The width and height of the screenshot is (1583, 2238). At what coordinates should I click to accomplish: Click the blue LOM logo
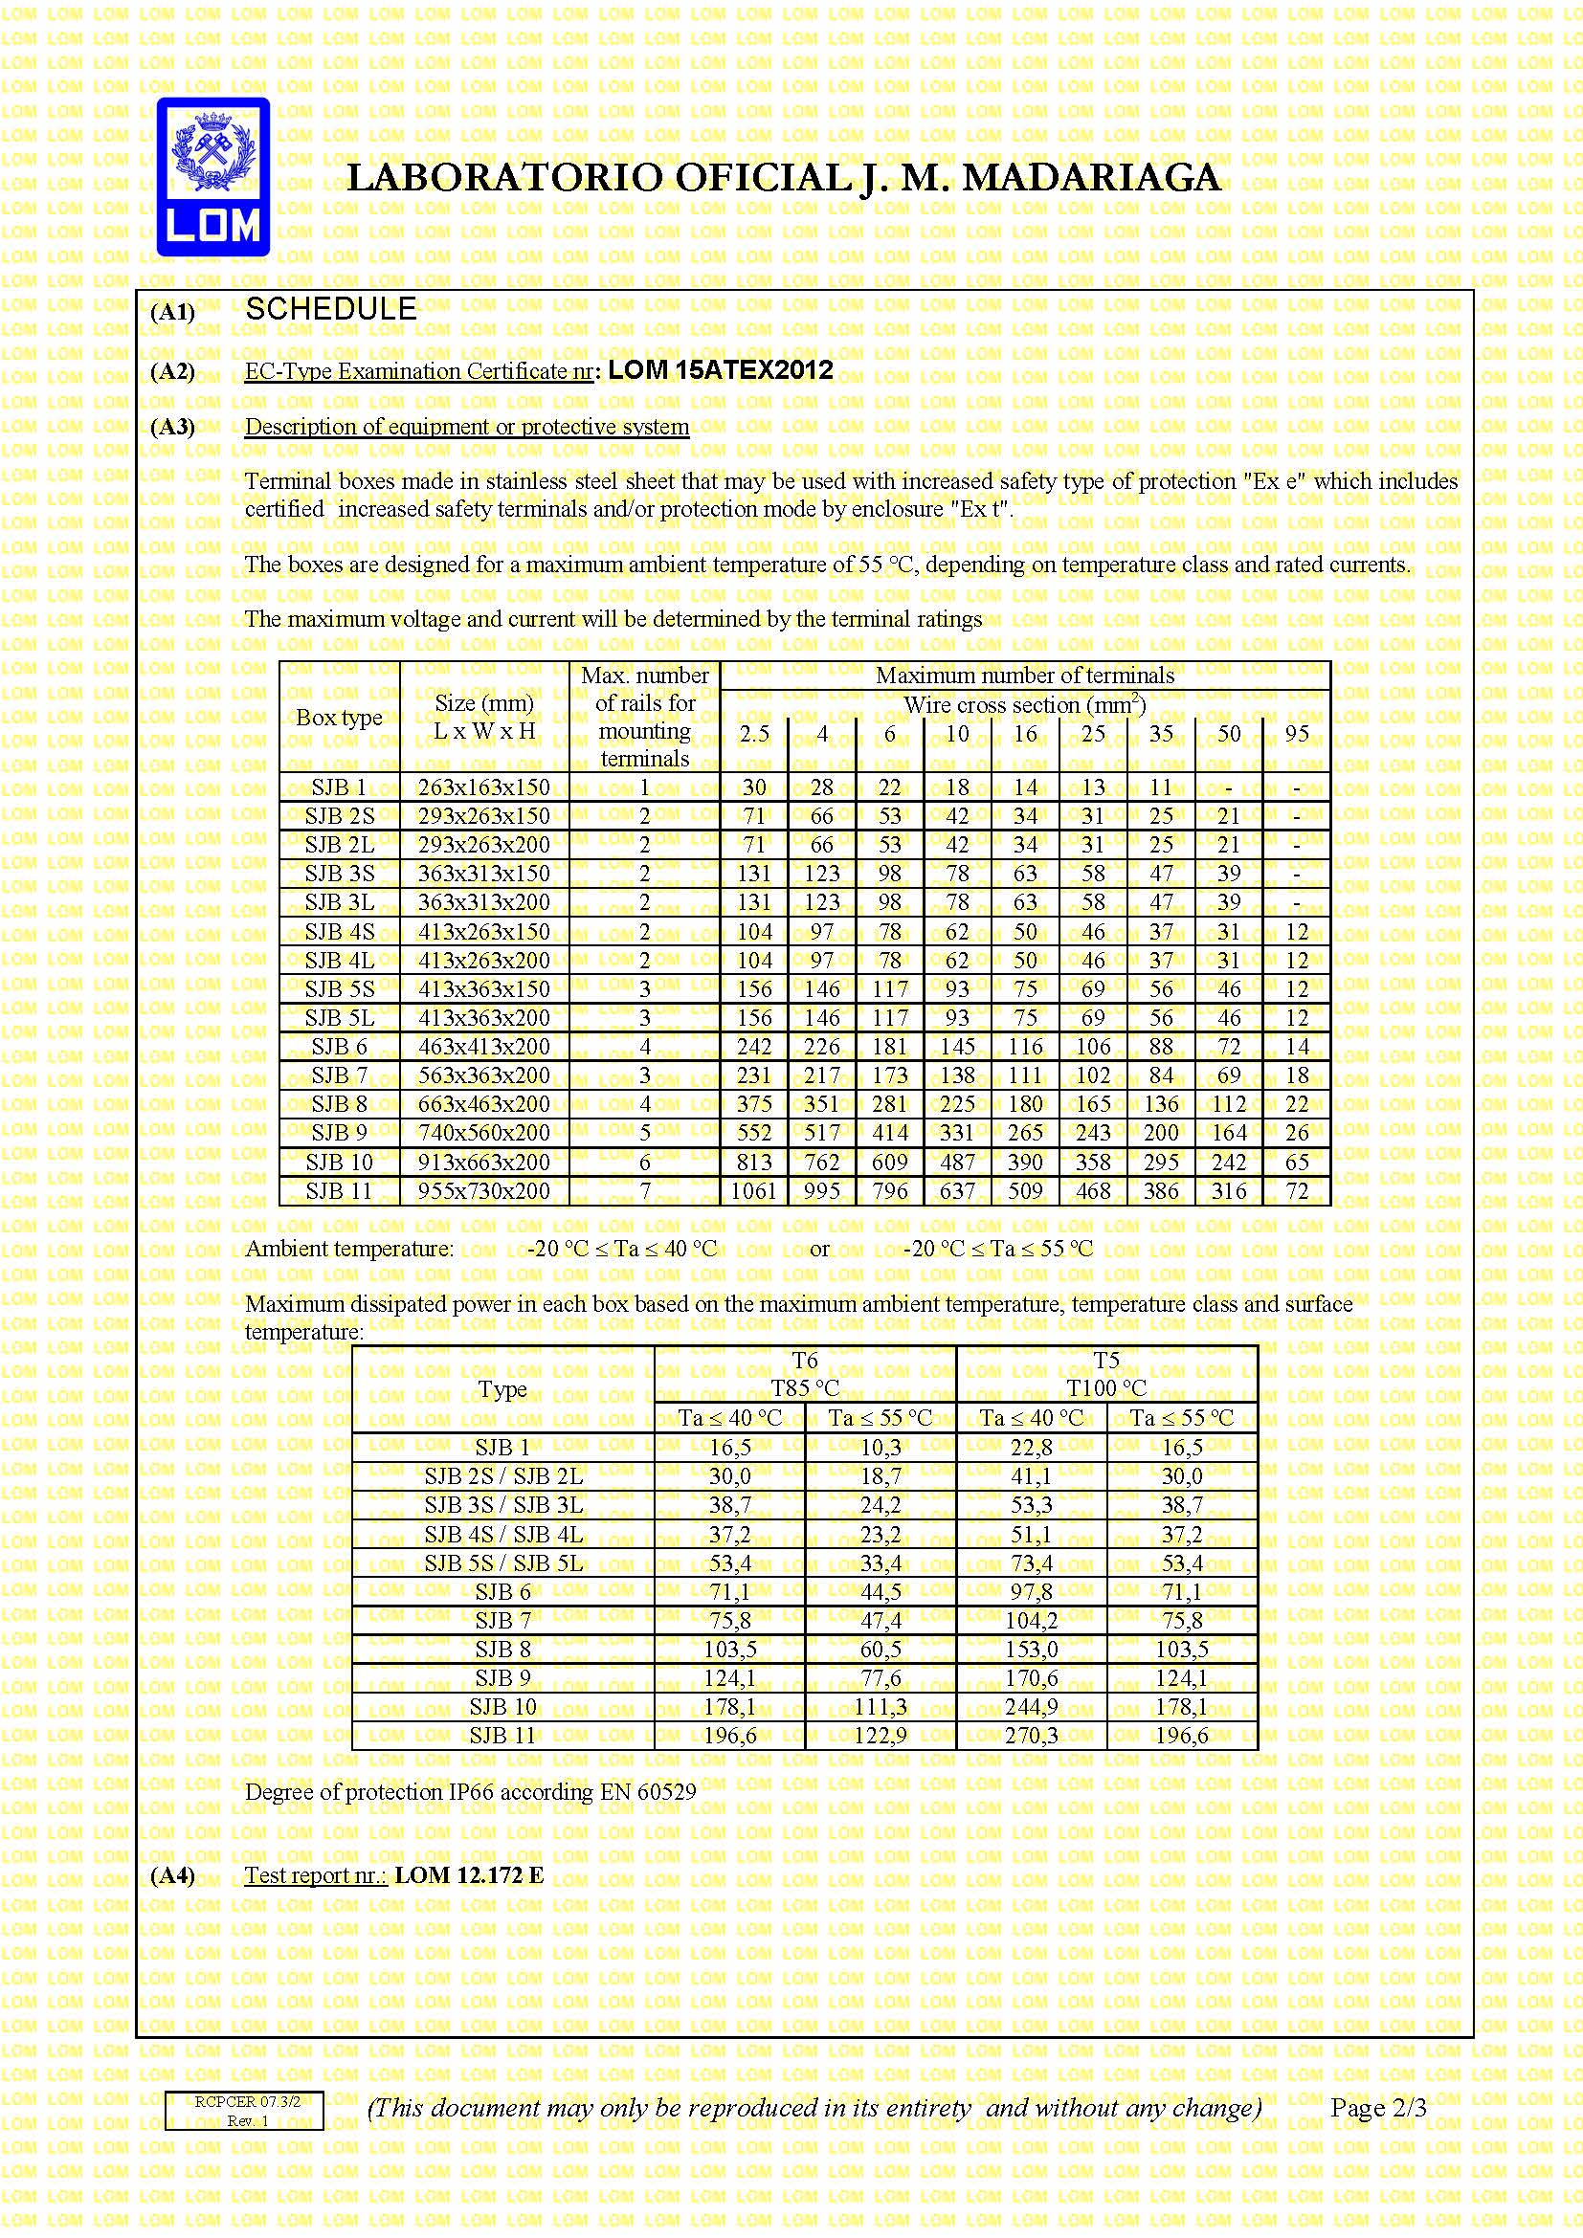click(212, 177)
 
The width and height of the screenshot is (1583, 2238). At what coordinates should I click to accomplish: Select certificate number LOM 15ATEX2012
click(721, 370)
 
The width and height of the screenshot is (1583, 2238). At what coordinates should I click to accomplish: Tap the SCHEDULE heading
click(330, 310)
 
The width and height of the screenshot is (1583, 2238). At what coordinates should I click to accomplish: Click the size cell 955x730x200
click(483, 1190)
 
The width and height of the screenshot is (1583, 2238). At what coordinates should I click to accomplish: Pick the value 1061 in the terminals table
click(753, 1190)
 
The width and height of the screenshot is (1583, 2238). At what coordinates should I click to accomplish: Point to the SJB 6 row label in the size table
click(338, 1047)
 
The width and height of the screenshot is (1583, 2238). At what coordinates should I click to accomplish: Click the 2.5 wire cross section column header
click(753, 734)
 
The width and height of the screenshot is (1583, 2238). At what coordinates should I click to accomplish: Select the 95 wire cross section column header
click(1297, 734)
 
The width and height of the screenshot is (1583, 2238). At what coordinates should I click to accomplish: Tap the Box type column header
click(338, 718)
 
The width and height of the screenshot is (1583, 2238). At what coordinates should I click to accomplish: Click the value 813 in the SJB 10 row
click(753, 1162)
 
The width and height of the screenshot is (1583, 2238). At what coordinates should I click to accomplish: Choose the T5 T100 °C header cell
click(1106, 1373)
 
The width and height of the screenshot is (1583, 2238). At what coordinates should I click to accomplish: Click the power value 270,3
click(1032, 1735)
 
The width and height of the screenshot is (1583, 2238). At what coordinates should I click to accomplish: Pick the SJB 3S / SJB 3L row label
click(503, 1505)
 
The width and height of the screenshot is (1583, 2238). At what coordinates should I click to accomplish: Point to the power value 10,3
click(881, 1448)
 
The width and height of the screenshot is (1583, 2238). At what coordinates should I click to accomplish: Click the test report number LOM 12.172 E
click(469, 1875)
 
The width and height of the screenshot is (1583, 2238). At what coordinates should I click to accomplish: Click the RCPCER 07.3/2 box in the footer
click(244, 2111)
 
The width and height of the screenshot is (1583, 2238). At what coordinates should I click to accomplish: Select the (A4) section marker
click(172, 1876)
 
